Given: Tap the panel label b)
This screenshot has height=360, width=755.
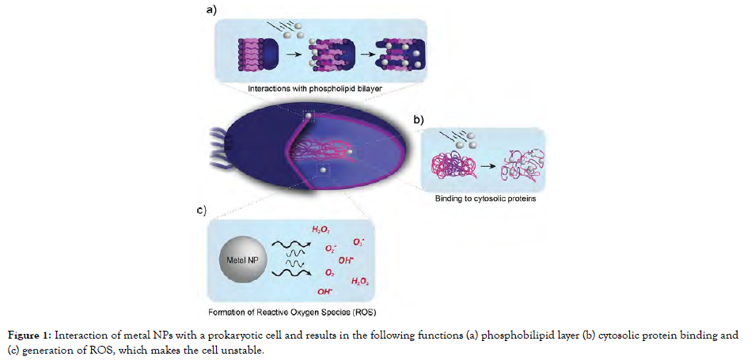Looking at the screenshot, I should (418, 119).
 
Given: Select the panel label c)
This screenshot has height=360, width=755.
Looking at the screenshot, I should (200, 210).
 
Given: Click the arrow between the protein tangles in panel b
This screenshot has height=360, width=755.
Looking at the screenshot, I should (486, 164).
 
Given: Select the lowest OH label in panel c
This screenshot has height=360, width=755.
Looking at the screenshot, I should (324, 290).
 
